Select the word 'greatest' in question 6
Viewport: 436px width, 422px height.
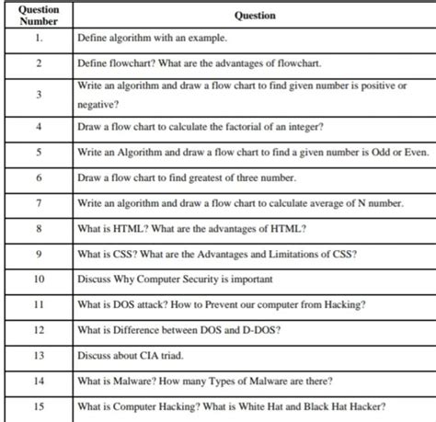[x=205, y=177]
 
